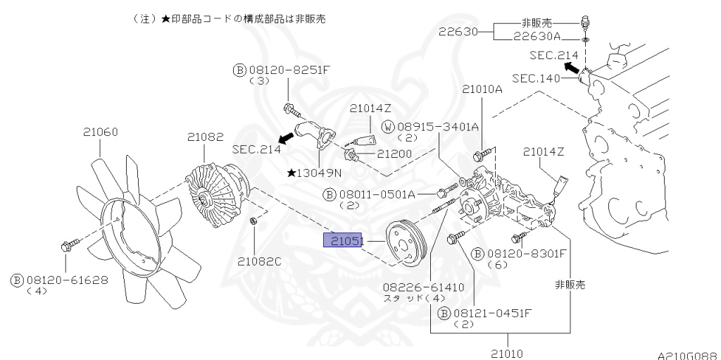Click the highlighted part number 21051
click(342, 241)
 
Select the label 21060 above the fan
click(100, 132)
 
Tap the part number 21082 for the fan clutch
click(204, 136)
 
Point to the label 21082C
click(258, 261)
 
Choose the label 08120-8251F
click(280, 70)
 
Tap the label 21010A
click(482, 89)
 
